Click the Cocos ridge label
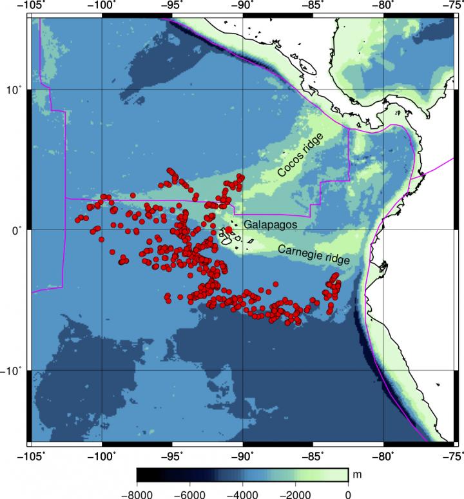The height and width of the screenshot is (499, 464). pos(302,157)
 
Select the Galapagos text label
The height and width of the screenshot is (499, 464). pos(270,225)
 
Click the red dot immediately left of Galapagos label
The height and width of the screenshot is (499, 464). pos(229,230)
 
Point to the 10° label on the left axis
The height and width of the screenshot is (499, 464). pos(13,89)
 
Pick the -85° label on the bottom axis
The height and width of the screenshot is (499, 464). pos(313,456)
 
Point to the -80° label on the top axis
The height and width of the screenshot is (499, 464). pos(383,5)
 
